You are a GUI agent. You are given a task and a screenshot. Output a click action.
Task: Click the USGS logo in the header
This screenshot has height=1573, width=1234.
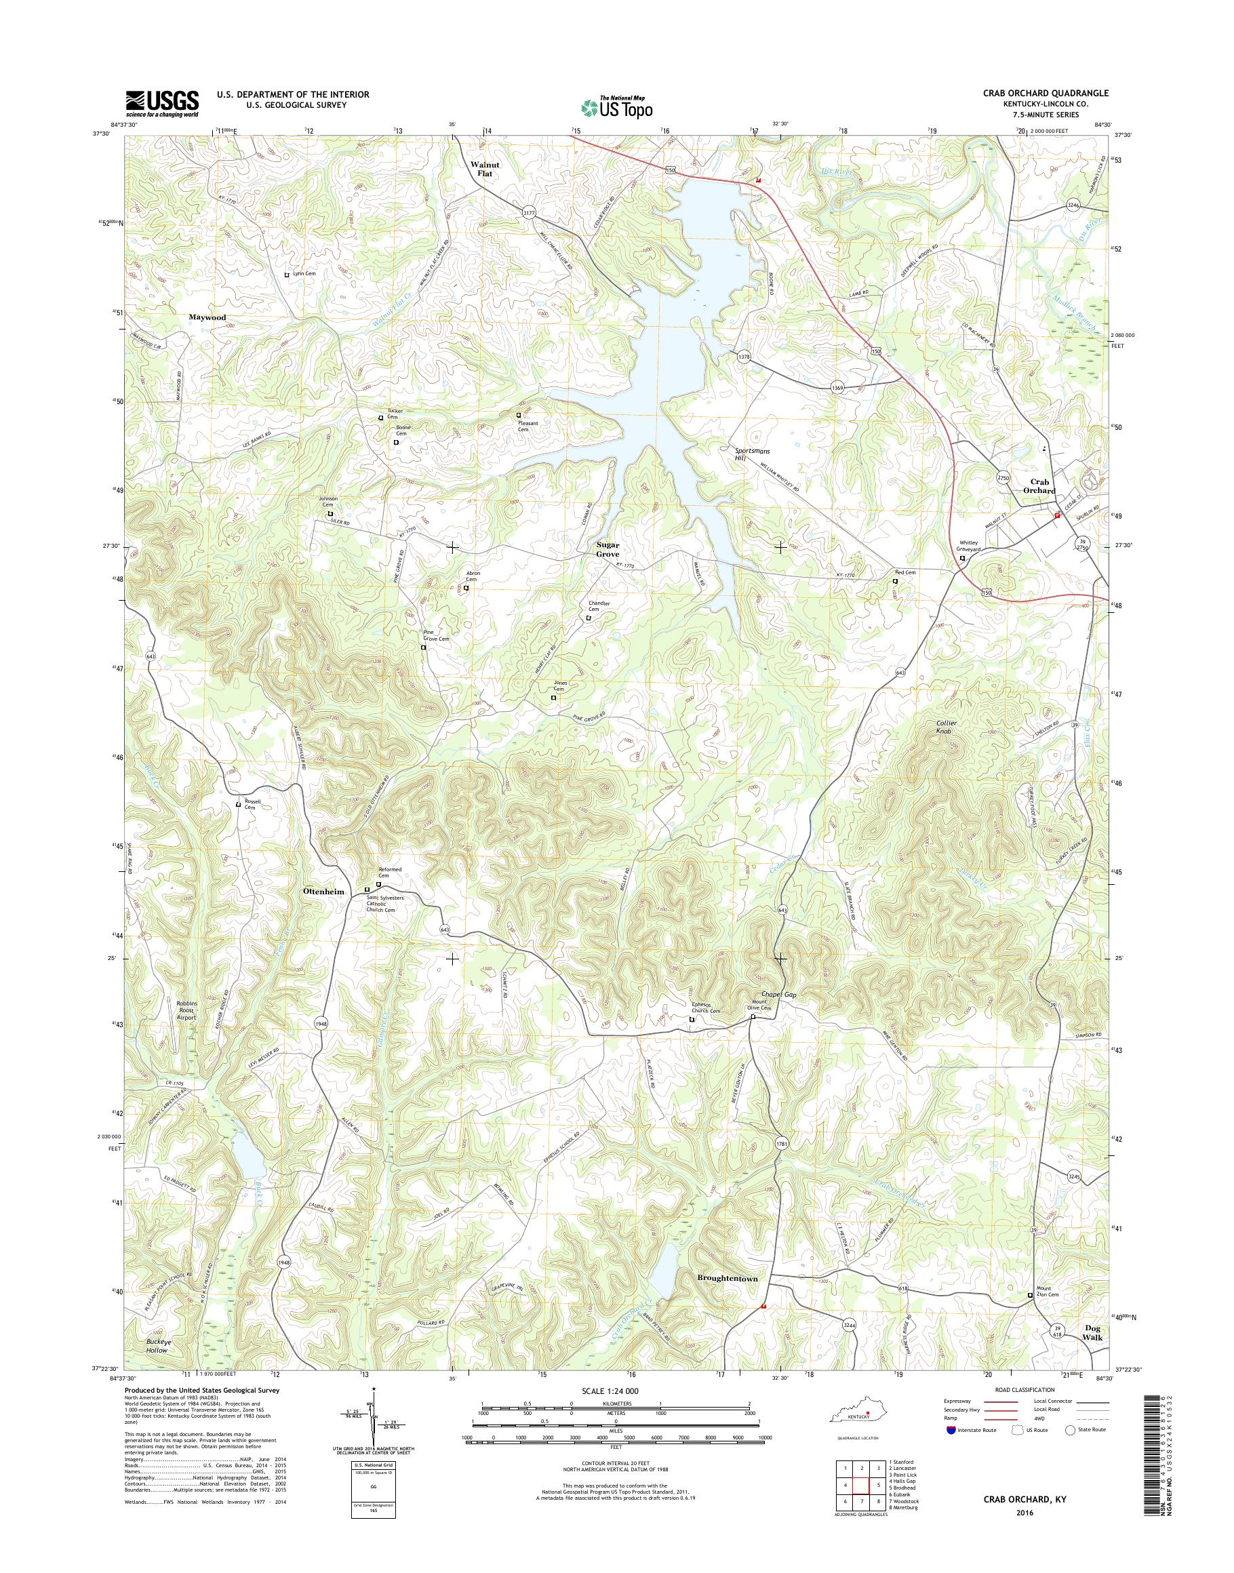pyautogui.click(x=162, y=102)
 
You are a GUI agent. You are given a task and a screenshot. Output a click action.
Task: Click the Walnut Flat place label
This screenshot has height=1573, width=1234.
pyautogui.click(x=485, y=169)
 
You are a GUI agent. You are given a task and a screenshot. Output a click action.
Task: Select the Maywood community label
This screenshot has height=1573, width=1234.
pyautogui.click(x=207, y=317)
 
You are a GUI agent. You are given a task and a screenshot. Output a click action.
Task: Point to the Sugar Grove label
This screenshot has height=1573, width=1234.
pyautogui.click(x=608, y=549)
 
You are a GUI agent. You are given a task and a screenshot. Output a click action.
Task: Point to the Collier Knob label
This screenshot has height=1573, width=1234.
pyautogui.click(x=946, y=727)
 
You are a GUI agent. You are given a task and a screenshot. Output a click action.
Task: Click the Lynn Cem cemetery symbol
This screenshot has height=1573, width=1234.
pyautogui.click(x=287, y=275)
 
